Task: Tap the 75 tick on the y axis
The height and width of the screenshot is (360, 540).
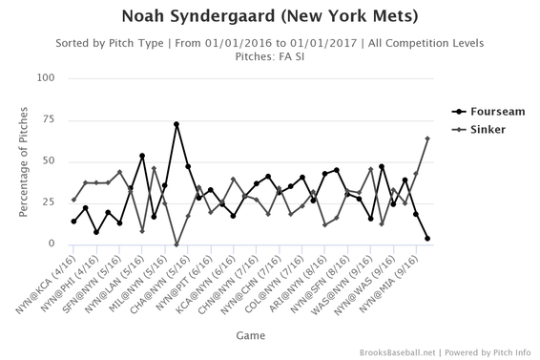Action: (47, 119)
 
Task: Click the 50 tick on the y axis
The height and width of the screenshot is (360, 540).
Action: (47, 161)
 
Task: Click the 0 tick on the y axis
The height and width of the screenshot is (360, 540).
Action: (50, 244)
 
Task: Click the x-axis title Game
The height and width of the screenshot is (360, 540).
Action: (245, 335)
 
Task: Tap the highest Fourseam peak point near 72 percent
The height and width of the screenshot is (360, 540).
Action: (177, 124)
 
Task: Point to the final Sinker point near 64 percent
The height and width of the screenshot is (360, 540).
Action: (426, 138)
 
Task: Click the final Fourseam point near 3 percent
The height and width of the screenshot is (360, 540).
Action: (426, 239)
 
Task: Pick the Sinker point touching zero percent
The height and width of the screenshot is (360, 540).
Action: (177, 244)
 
